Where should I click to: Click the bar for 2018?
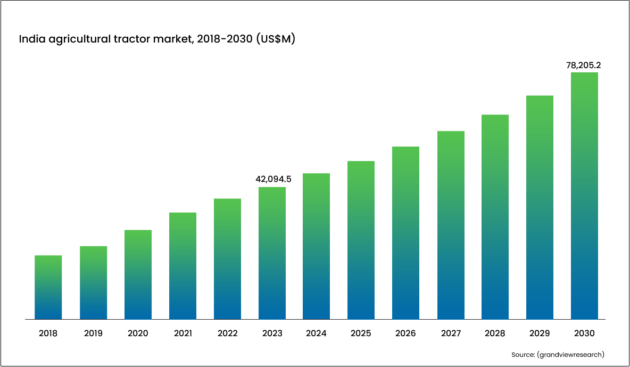point(48,287)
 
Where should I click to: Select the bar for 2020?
point(138,274)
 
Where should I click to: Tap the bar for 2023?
point(272,253)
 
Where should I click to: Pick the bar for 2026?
point(406,233)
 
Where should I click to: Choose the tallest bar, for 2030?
point(584,196)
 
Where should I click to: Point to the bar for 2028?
point(495,217)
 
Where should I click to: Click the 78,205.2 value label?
point(584,65)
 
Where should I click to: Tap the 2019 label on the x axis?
point(93,333)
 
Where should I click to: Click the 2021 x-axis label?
point(183,333)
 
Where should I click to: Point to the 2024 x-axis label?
point(317,333)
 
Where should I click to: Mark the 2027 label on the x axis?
point(451,333)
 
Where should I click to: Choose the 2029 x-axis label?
point(540,333)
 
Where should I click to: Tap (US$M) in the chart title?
point(275,39)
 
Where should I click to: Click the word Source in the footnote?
point(523,354)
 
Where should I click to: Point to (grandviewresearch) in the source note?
point(571,354)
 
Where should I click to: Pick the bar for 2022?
point(227,259)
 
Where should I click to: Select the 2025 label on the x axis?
point(361,333)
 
